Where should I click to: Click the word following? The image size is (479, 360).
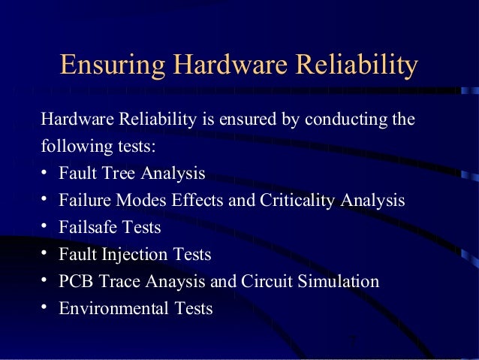(70, 145)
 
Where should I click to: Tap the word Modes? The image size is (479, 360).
(145, 200)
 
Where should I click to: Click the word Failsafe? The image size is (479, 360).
(89, 227)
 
